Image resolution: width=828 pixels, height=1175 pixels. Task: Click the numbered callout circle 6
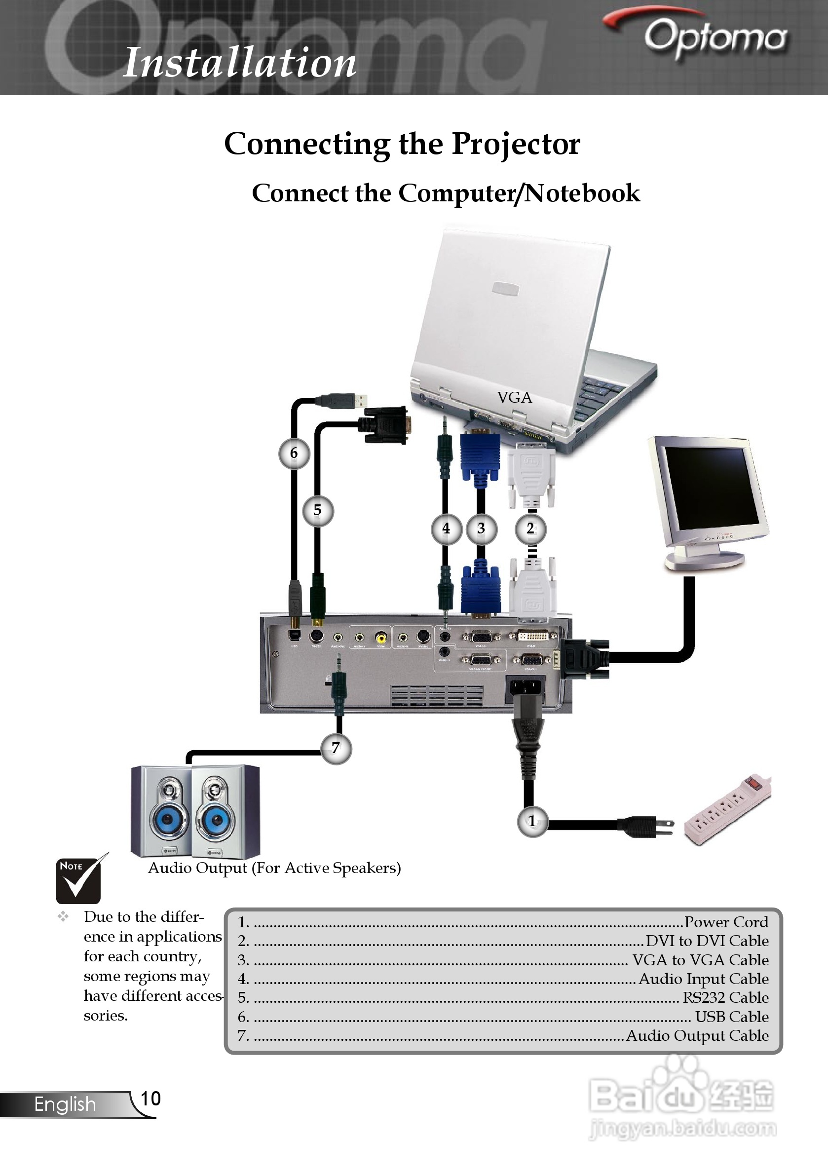point(294,453)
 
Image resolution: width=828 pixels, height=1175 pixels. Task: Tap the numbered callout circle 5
point(318,510)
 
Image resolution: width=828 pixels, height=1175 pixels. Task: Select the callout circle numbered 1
point(532,821)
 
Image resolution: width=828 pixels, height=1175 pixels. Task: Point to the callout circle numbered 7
point(336,748)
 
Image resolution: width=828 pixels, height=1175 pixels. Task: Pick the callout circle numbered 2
point(530,528)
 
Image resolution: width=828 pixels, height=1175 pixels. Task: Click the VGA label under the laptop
point(514,398)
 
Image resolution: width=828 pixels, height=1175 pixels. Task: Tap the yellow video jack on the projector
point(381,637)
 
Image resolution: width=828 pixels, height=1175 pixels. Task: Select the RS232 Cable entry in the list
point(725,997)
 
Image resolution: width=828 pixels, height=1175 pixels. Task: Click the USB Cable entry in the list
point(731,1017)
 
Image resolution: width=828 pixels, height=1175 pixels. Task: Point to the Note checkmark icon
point(79,879)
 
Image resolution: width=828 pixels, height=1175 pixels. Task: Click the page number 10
point(151,1098)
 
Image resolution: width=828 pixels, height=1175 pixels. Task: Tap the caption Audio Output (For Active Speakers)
point(274,868)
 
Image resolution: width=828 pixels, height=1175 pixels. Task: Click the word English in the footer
point(65,1104)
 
